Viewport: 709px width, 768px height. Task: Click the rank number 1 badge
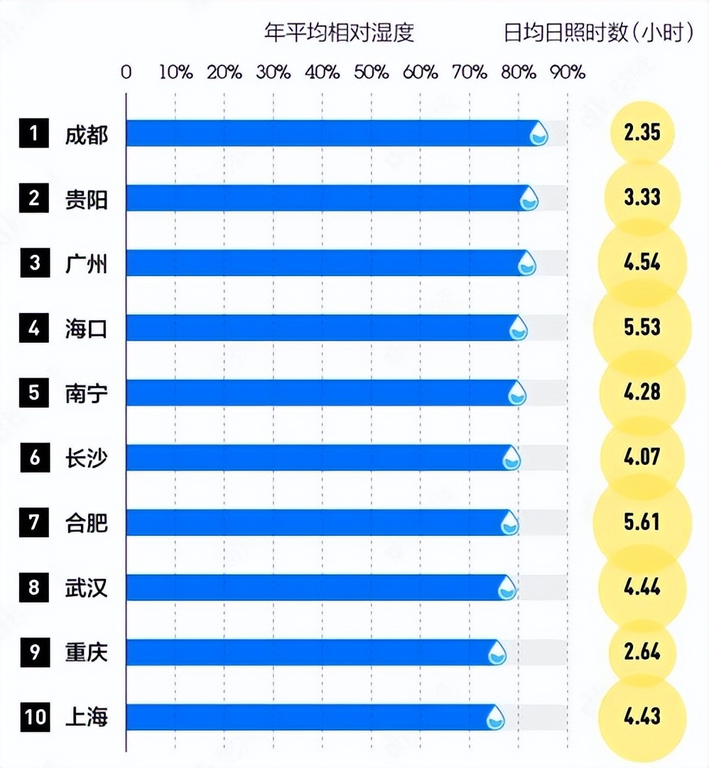tap(33, 133)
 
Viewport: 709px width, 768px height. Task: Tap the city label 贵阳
tap(86, 199)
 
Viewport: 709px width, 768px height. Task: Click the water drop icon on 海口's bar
tap(519, 328)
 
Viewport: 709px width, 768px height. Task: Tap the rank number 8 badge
tap(33, 588)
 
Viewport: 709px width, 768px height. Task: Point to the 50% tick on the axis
tap(372, 72)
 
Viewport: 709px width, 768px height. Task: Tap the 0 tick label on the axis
tap(126, 72)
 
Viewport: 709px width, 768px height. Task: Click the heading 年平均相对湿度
tap(339, 33)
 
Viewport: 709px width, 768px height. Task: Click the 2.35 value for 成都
tap(642, 133)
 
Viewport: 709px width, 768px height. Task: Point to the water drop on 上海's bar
tap(495, 718)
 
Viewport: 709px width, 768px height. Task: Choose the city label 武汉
tap(86, 588)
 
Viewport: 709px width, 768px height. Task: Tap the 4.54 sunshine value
tap(642, 263)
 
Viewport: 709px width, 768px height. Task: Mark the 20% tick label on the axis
tap(224, 72)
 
